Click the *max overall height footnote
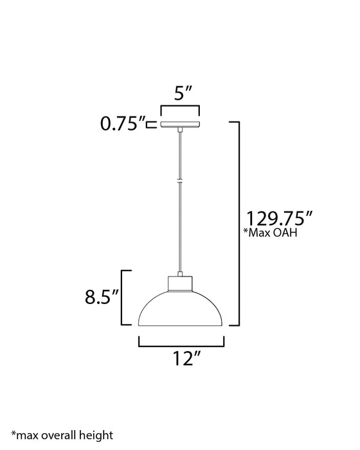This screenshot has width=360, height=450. [61, 435]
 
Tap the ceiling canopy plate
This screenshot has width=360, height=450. [180, 124]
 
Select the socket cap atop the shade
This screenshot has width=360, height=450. [180, 283]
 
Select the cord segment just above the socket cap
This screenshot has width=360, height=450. [180, 257]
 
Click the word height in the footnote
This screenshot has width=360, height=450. [97, 435]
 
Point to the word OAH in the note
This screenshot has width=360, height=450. [287, 234]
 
